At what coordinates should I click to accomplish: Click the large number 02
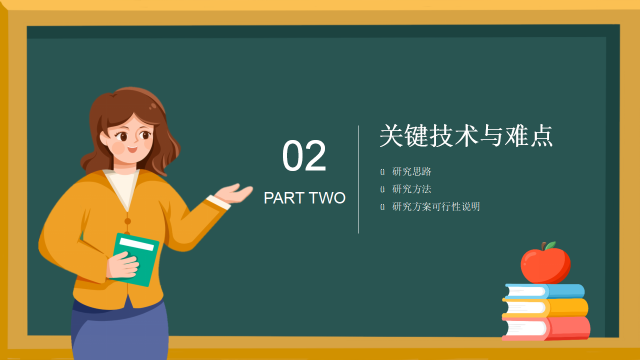[x=304, y=156]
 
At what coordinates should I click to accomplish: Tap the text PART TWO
[x=304, y=198]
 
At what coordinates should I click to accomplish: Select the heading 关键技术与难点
[x=466, y=135]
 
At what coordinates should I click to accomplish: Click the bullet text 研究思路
[x=412, y=172]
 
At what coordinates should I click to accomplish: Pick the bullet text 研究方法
[x=412, y=189]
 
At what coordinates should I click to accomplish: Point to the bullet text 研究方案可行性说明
[x=436, y=206]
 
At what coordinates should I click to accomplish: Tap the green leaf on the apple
[x=550, y=245]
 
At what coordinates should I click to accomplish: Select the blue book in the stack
[x=545, y=291]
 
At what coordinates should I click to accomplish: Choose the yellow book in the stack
[x=547, y=307]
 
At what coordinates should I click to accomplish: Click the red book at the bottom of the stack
[x=547, y=328]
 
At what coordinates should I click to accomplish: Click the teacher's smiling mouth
[x=132, y=148]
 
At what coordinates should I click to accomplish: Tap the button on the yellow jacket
[x=127, y=221]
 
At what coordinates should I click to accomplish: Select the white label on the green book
[x=136, y=244]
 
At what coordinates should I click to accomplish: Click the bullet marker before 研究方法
[x=382, y=189]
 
